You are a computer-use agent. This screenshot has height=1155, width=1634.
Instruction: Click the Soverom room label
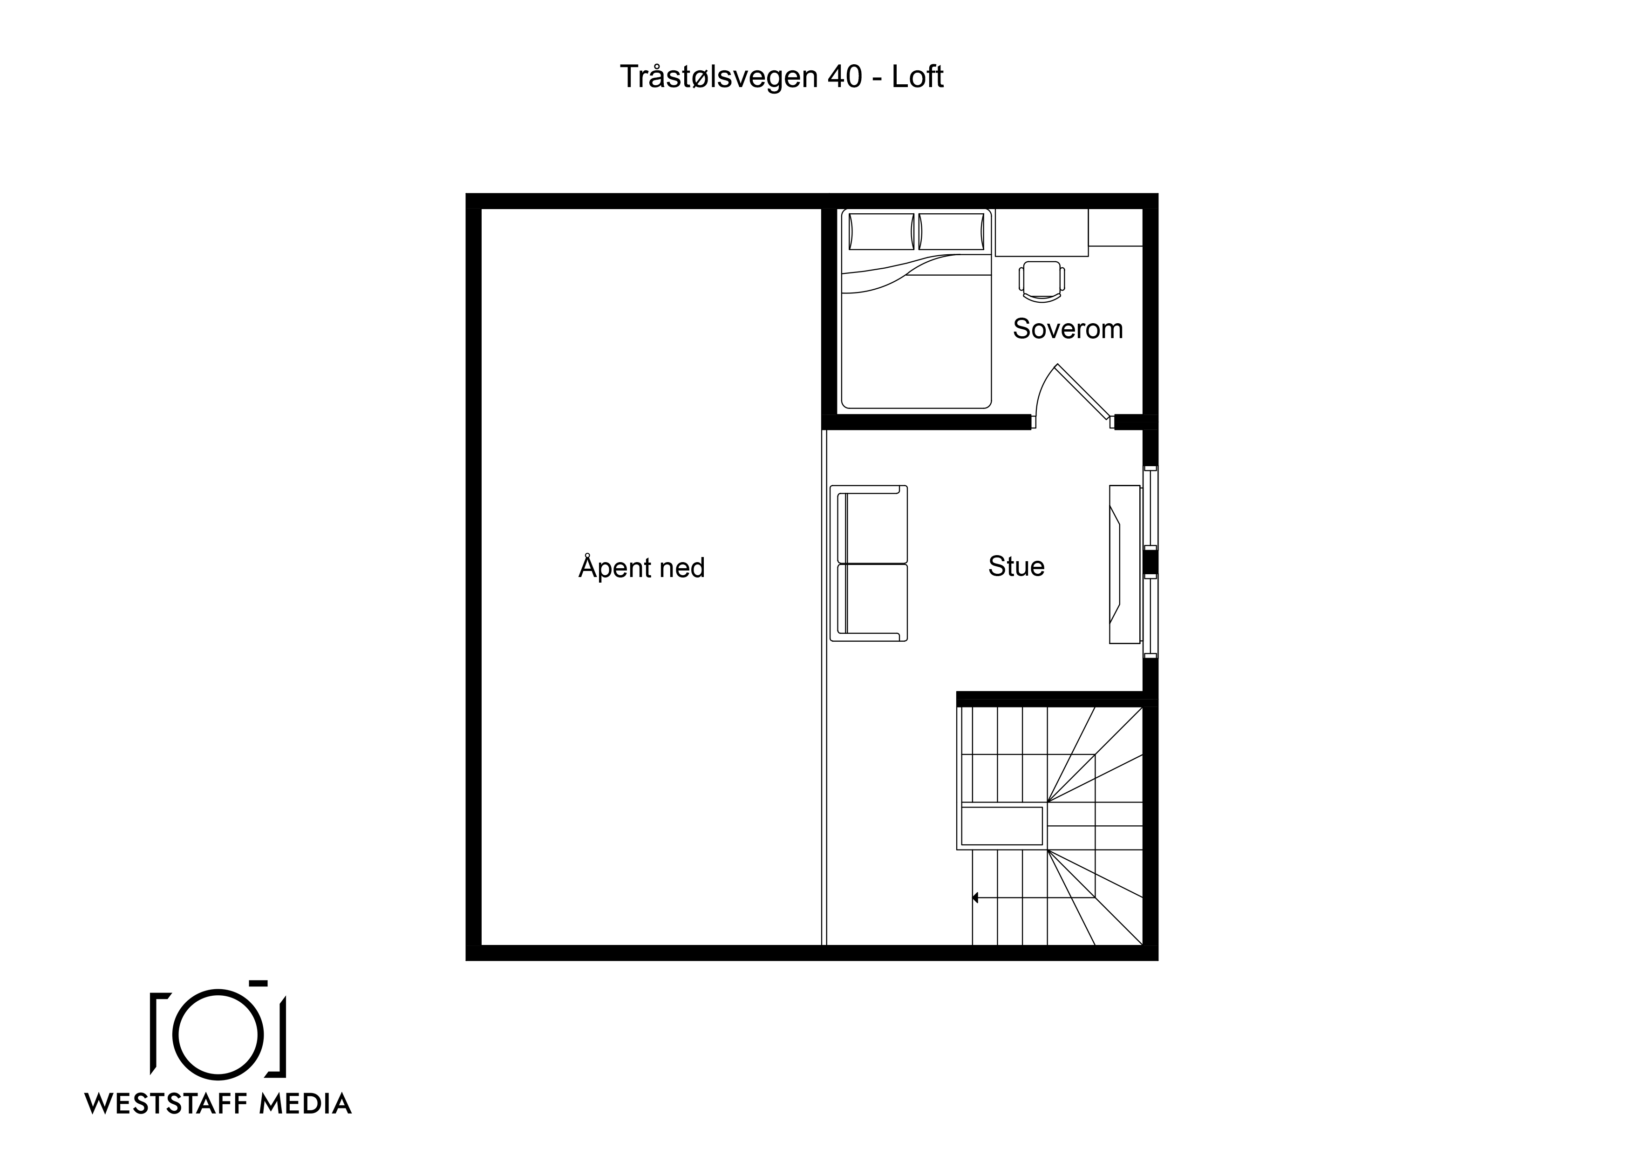pyautogui.click(x=1068, y=329)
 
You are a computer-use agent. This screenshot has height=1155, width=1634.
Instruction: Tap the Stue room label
pyautogui.click(x=1016, y=566)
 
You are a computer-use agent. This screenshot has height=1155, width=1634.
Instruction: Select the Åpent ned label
pyautogui.click(x=641, y=567)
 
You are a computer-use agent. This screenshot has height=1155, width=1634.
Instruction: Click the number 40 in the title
pyautogui.click(x=845, y=77)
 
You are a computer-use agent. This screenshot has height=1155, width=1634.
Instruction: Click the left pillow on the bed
pyautogui.click(x=881, y=232)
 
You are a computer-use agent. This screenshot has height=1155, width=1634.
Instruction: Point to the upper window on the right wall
pyautogui.click(x=1150, y=507)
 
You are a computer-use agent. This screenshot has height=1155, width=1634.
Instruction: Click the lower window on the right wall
pyautogui.click(x=1150, y=616)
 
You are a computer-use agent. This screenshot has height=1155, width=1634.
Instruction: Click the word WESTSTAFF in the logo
pyautogui.click(x=166, y=1104)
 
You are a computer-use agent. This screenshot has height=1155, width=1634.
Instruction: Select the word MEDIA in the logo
pyautogui.click(x=305, y=1104)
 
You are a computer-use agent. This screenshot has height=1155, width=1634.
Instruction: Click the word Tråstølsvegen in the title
pyautogui.click(x=719, y=77)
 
